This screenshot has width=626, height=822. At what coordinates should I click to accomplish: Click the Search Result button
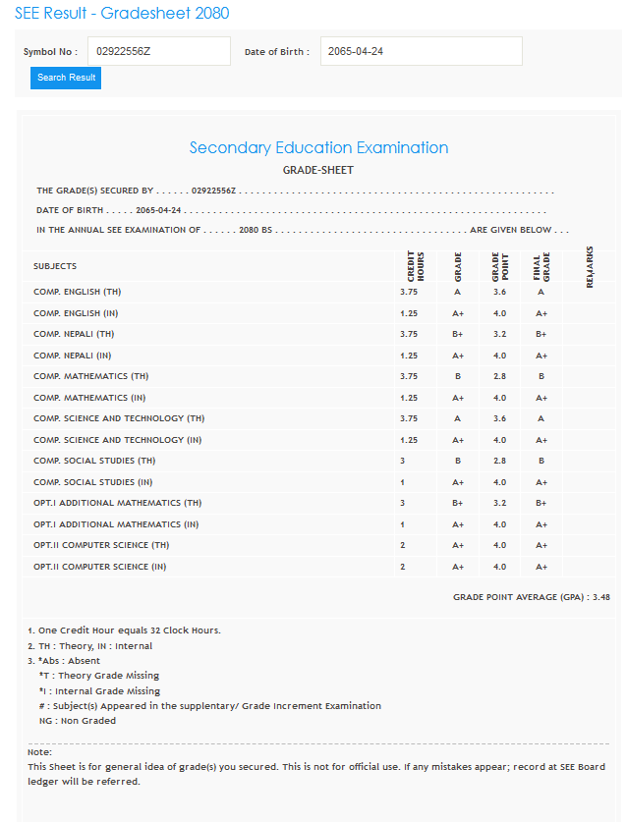coord(66,78)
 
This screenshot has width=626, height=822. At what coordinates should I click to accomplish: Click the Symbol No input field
coord(158,51)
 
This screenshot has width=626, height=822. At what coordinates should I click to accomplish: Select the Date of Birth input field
coord(421,51)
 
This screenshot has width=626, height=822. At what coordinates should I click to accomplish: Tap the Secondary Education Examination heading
coord(318,147)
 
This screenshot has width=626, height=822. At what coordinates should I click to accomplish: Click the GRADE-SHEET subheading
coord(318,170)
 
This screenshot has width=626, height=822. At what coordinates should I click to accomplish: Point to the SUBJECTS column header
coord(55,266)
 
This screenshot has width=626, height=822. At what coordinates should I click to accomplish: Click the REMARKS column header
coord(590,266)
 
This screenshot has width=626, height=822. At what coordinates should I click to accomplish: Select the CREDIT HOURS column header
coord(415,266)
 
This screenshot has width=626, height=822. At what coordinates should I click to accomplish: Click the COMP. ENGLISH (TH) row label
coord(78,292)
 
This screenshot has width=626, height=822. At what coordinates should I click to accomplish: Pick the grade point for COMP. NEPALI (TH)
coord(499,334)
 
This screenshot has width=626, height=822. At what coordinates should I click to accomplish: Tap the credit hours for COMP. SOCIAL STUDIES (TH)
coord(403,461)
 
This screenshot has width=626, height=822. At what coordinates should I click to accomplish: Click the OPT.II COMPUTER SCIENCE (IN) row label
coord(100,567)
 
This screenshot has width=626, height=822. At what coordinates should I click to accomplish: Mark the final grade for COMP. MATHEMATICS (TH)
coord(541,376)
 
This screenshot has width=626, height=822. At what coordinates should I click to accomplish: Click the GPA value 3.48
coord(601,596)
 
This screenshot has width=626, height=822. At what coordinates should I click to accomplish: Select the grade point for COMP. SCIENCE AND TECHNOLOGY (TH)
coord(499,418)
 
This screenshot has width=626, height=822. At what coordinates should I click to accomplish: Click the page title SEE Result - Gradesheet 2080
coord(122,14)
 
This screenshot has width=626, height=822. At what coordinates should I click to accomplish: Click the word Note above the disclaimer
coord(39,752)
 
